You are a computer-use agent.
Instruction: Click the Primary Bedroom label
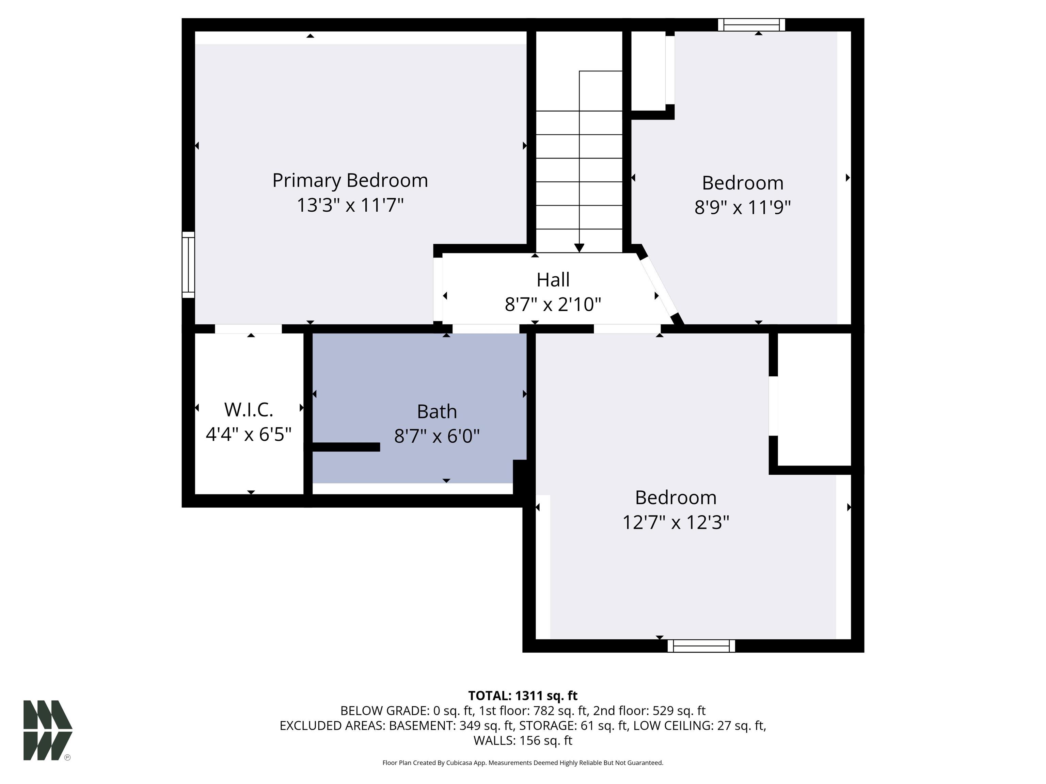pyautogui.click(x=350, y=181)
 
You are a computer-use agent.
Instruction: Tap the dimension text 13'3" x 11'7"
pyautogui.click(x=350, y=206)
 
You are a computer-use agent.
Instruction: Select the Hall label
pyautogui.click(x=553, y=280)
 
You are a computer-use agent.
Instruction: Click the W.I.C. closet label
pyautogui.click(x=249, y=410)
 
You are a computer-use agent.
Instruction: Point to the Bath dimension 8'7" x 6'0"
pyautogui.click(x=437, y=436)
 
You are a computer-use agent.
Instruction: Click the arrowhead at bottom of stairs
pyautogui.click(x=579, y=248)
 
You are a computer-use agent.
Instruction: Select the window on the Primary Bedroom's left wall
pyautogui.click(x=188, y=265)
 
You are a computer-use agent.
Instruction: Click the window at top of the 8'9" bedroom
pyautogui.click(x=751, y=24)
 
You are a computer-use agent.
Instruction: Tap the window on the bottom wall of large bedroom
pyautogui.click(x=701, y=646)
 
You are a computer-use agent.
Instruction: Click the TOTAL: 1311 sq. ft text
pyautogui.click(x=523, y=696)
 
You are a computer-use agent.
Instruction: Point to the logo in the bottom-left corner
pyautogui.click(x=48, y=730)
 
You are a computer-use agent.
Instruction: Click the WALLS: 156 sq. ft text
pyautogui.click(x=523, y=740)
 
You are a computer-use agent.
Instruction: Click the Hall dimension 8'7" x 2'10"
pyautogui.click(x=553, y=304)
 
